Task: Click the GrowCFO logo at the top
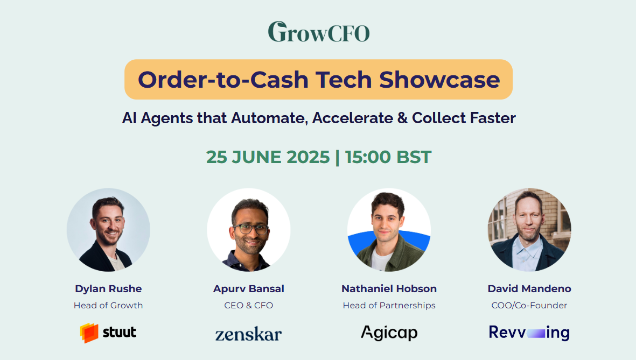319,32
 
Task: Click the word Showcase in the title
439,80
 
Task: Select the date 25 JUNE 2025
268,157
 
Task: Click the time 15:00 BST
388,157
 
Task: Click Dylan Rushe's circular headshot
108,230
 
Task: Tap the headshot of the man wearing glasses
249,230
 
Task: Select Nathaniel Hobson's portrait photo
389,230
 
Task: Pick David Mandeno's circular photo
529,230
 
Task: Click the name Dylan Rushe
108,289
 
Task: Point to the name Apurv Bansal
249,289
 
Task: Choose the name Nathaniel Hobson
389,289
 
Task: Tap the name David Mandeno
529,289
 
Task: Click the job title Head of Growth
108,305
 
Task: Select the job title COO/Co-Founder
529,305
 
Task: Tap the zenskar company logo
249,334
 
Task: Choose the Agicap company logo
389,333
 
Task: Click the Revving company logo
529,333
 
